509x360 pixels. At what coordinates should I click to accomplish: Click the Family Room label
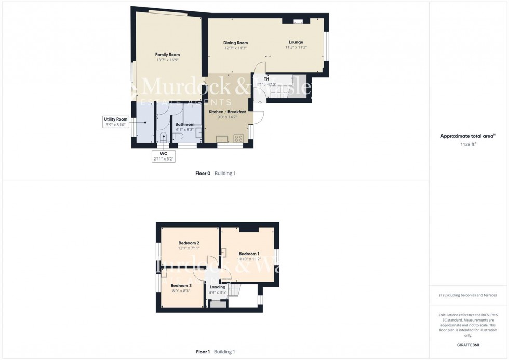(167, 55)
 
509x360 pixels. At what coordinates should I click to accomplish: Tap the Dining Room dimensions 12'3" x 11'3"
(235, 48)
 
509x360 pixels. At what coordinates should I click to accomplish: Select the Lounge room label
(296, 42)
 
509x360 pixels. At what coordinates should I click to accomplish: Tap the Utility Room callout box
(115, 122)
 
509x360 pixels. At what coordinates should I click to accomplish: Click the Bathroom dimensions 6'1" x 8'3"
(185, 129)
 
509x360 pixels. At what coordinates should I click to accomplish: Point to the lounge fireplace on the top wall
(297, 22)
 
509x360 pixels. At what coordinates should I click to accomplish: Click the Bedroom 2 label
(189, 243)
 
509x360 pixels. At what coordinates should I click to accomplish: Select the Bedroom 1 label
(249, 253)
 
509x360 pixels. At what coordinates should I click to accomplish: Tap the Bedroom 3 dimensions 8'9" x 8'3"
(181, 291)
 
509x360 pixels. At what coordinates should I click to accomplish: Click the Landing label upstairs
(218, 287)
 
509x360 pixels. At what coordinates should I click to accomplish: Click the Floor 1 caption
(203, 352)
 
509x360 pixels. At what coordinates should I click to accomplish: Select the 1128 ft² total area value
(468, 144)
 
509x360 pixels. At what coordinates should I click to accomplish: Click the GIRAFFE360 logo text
(468, 345)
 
